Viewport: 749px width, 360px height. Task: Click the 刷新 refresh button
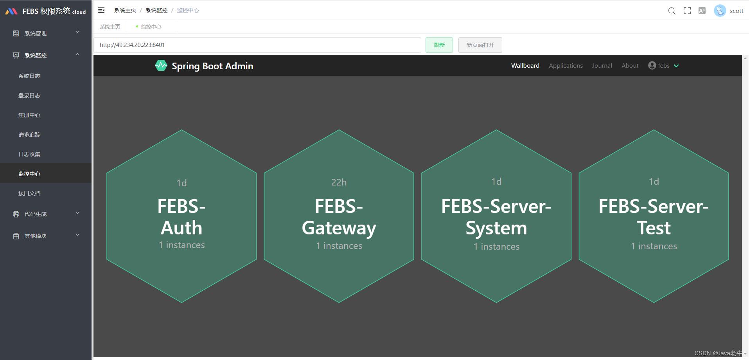click(439, 45)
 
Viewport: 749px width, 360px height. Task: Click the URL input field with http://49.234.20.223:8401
click(257, 45)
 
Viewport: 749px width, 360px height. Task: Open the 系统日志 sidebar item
click(29, 76)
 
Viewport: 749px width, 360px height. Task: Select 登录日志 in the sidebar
click(29, 95)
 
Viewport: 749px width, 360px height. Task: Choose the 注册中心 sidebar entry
click(29, 115)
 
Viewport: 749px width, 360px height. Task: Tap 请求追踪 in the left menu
click(29, 135)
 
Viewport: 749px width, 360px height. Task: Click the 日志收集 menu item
click(29, 154)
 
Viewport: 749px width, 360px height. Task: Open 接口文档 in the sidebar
click(29, 193)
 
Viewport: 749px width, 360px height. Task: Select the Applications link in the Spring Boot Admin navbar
click(566, 66)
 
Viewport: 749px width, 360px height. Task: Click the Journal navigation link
click(602, 66)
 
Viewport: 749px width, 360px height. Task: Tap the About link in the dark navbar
click(630, 66)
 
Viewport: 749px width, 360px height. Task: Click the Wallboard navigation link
click(525, 66)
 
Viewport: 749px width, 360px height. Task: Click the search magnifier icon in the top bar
click(672, 11)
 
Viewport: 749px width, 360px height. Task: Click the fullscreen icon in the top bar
click(687, 11)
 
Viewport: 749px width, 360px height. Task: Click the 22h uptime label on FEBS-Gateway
click(339, 182)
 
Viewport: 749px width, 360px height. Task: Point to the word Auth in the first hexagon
click(181, 228)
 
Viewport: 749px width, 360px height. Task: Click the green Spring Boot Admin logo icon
click(161, 66)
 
